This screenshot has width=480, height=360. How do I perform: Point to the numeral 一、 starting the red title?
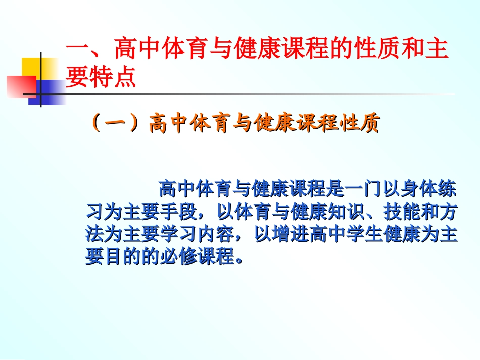tap(86, 51)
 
